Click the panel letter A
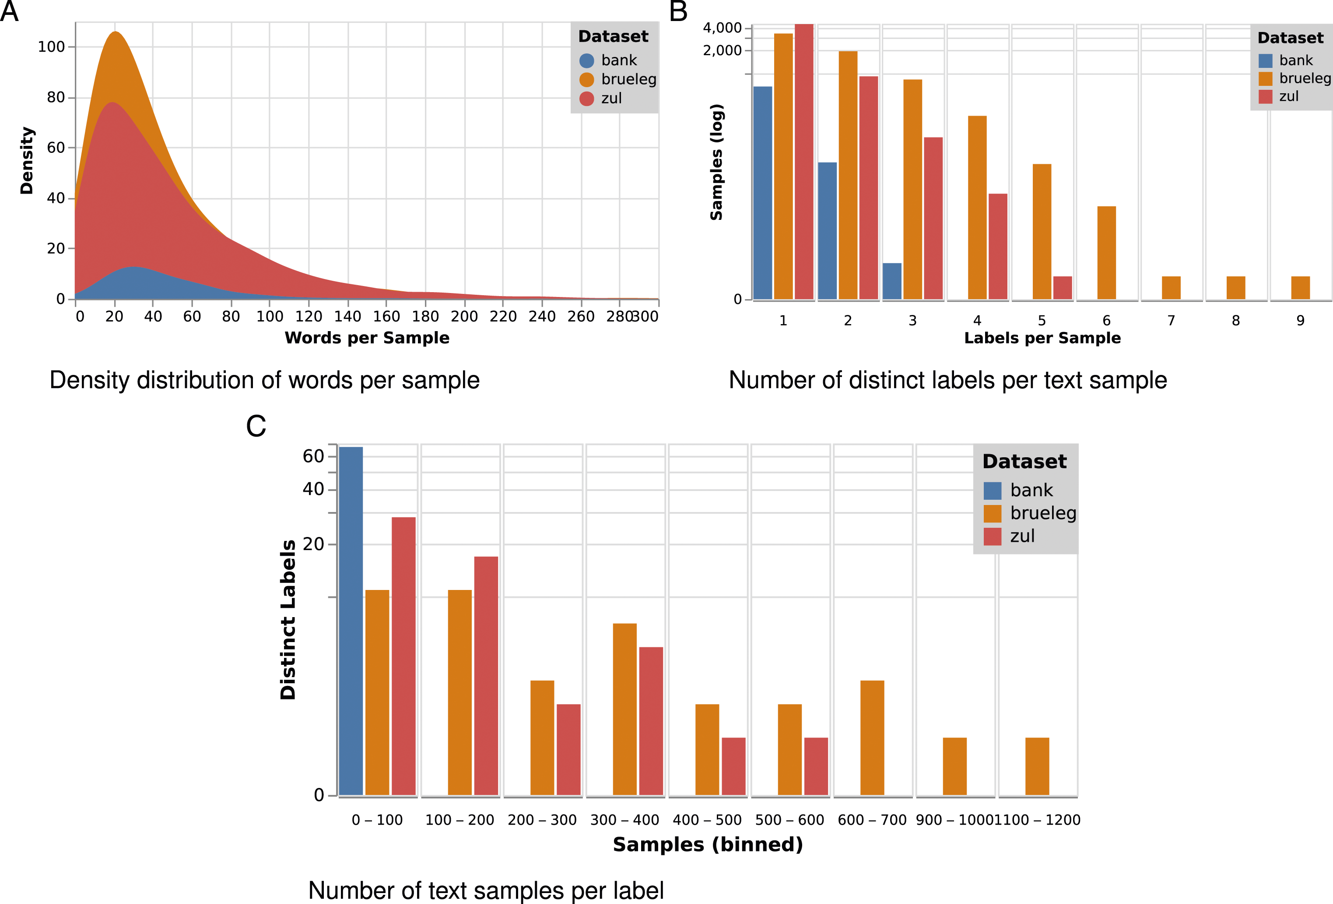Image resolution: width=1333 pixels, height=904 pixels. tap(9, 11)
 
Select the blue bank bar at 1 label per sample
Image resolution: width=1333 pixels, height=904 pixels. tap(763, 193)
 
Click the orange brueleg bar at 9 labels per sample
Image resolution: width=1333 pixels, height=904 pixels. tap(1300, 288)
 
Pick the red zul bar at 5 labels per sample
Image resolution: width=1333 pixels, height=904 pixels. tap(1062, 288)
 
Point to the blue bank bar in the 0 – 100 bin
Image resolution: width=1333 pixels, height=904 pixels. tap(351, 621)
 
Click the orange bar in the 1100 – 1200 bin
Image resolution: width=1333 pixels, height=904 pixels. tap(1037, 766)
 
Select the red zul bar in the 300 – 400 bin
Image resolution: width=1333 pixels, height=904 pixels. tap(651, 721)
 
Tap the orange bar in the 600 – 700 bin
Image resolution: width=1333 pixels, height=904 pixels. tap(873, 738)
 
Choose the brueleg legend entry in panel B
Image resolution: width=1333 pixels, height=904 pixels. tap(1294, 78)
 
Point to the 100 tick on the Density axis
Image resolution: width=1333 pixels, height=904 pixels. tap(51, 46)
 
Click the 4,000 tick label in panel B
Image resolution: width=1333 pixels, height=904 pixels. tap(722, 28)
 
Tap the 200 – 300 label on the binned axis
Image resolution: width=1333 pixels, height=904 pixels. tap(542, 819)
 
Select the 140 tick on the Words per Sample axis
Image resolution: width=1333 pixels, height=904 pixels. tap(347, 316)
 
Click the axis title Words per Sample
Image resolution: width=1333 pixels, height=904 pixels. tap(367, 338)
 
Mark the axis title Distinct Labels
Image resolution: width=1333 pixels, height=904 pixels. tap(288, 620)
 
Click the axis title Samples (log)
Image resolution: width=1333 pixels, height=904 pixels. tap(716, 162)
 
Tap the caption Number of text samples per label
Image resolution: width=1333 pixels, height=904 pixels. tap(486, 890)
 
